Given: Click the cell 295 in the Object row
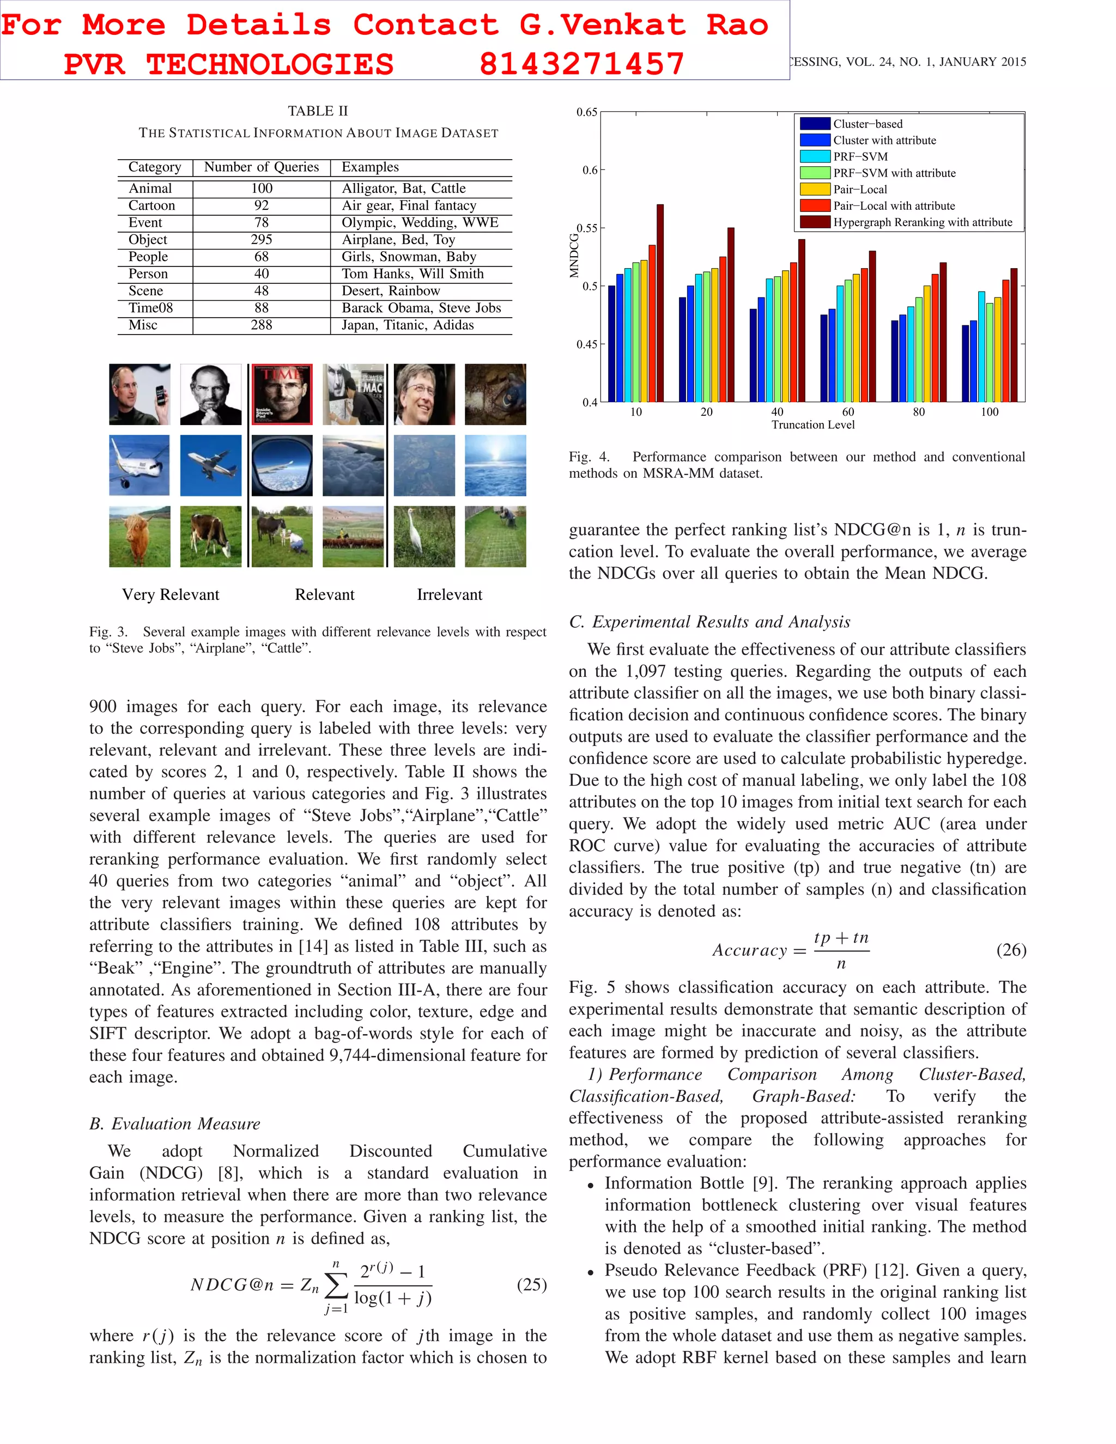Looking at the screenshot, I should pos(261,239).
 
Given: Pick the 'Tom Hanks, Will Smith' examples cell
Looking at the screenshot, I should pos(413,274).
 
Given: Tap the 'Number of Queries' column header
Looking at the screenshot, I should pos(261,167).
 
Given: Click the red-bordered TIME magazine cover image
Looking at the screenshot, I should pos(282,394).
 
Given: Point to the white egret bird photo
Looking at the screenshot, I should pos(424,536).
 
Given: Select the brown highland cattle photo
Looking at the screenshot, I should pos(139,536).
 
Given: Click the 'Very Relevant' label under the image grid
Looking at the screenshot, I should pos(171,594).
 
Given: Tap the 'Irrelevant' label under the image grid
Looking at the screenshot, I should pos(449,594).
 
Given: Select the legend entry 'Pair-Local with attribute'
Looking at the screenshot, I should pos(893,205).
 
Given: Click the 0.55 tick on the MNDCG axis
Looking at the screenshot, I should pos(586,228).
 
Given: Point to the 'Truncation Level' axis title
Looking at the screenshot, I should pos(812,425).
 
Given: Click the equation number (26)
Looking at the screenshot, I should pos(1011,950).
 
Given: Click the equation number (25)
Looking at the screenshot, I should pos(531,1285).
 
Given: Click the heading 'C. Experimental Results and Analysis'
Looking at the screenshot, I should pos(709,622).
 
